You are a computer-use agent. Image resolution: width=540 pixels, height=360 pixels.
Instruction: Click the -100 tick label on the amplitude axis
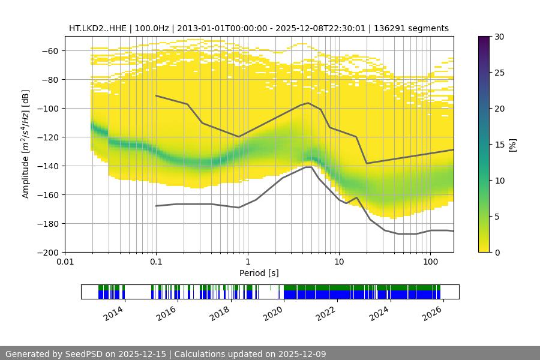click(x=50, y=109)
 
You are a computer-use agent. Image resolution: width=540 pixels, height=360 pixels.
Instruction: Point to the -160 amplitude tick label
click(x=50, y=195)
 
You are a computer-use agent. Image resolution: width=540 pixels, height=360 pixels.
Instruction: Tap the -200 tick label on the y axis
click(x=50, y=253)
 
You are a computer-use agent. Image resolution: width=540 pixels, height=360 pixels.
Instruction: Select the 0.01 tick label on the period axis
click(x=65, y=262)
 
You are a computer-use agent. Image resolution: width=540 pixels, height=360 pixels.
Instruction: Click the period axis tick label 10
click(x=339, y=262)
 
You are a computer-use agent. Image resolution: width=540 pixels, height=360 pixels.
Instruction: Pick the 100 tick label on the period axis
click(x=430, y=262)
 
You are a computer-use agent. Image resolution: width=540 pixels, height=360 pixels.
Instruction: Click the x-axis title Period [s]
click(x=259, y=273)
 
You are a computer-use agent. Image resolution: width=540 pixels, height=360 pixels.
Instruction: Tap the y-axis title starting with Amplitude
click(x=25, y=144)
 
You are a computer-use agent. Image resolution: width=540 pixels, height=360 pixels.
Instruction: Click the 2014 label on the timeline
click(x=114, y=313)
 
